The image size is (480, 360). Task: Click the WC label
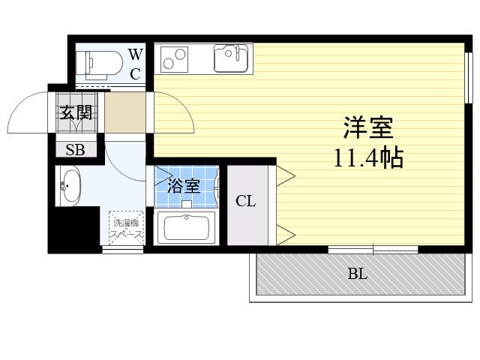click(x=136, y=64)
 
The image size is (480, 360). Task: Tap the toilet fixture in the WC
click(x=99, y=63)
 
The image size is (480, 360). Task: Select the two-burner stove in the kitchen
click(x=174, y=59)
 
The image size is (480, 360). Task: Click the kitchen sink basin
click(x=230, y=58)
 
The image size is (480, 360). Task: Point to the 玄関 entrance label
click(x=76, y=112)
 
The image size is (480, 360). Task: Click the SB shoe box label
click(x=75, y=150)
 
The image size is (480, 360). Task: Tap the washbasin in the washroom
click(x=70, y=186)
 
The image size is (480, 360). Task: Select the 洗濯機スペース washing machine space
click(x=126, y=228)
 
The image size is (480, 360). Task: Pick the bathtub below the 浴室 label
click(x=186, y=227)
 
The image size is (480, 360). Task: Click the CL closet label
click(x=245, y=201)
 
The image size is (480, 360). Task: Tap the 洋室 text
click(x=368, y=127)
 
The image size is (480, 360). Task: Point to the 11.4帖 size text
click(x=368, y=158)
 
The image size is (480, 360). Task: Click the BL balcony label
click(x=357, y=274)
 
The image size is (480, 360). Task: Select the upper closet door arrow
click(x=286, y=175)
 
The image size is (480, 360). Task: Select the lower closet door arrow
click(x=286, y=235)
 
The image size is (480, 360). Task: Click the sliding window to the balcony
click(x=373, y=250)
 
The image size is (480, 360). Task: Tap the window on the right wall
click(x=468, y=78)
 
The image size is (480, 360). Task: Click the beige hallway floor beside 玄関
click(x=125, y=112)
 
